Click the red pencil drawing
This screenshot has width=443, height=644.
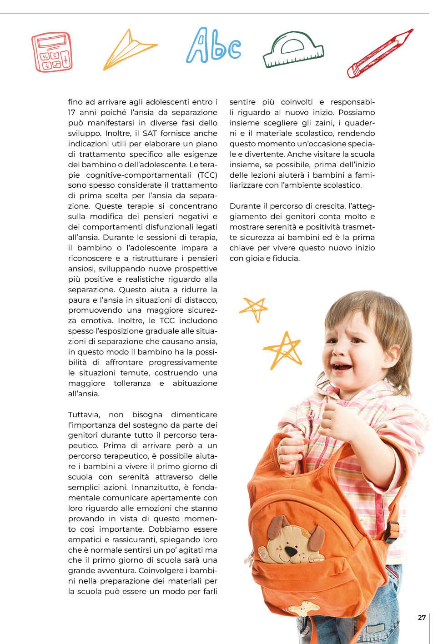(379, 54)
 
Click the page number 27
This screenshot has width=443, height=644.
(422, 618)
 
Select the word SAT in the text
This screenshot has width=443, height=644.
(151, 133)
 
